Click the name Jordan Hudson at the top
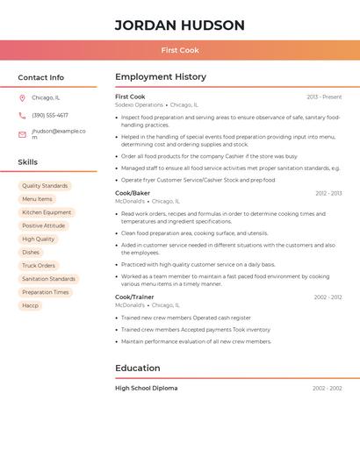179,25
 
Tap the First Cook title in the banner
180,51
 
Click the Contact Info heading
41,77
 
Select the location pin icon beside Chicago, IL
22,97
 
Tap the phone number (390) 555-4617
50,115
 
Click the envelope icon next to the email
22,134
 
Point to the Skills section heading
28,162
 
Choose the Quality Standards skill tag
45,186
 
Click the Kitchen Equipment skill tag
47,212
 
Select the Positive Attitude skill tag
44,225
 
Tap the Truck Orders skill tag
39,265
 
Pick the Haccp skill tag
31,305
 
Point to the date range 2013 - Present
324,97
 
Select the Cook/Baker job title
133,193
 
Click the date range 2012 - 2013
328,193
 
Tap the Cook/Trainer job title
134,297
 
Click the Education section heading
138,368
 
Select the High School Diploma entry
146,388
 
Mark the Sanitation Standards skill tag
48,279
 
